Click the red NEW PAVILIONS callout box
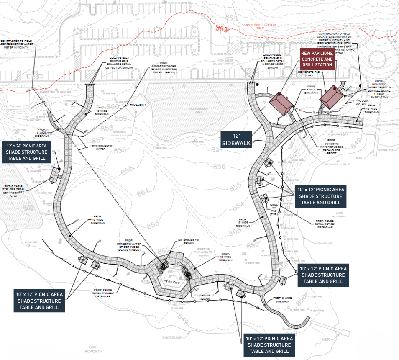[x=317, y=59]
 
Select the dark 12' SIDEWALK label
[x=237, y=139]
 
